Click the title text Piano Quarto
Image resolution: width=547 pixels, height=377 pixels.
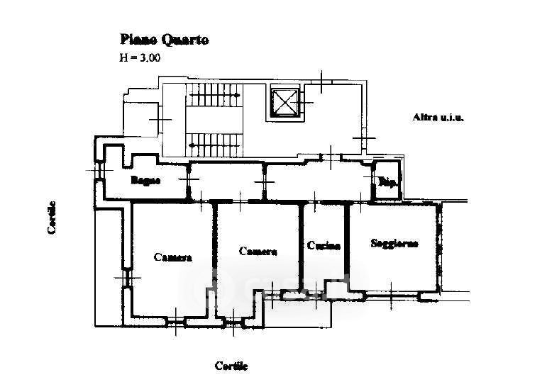163,40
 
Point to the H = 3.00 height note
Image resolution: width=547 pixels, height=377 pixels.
139,58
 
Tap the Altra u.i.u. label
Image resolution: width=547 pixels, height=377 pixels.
438,118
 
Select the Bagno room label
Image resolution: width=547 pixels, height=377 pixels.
145,180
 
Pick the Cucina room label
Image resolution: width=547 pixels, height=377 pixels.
324,246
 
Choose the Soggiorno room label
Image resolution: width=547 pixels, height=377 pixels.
394,243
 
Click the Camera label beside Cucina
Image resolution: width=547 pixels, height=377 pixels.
258,251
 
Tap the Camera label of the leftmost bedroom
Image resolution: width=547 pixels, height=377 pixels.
172,257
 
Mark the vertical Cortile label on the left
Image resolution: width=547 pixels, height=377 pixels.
53,218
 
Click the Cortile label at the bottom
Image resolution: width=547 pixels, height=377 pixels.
231,366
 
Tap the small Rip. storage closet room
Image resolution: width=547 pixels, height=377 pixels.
387,186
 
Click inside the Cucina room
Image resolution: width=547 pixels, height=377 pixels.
324,266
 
